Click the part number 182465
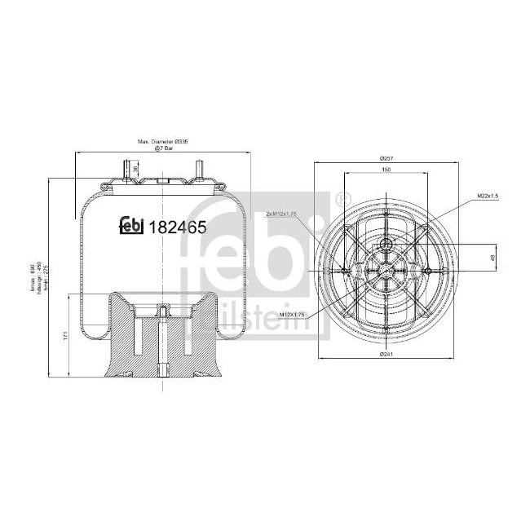(174, 227)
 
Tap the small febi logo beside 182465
(132, 227)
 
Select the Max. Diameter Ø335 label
(164, 140)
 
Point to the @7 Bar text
(164, 148)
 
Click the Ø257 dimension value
(386, 157)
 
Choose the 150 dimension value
(386, 170)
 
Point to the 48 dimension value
(491, 257)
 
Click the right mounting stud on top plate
(198, 171)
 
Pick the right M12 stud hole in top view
(427, 270)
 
